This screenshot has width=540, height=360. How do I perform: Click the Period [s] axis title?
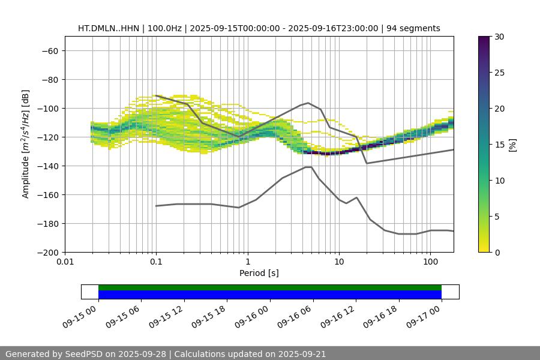259,273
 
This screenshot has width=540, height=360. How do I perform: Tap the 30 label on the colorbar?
499,37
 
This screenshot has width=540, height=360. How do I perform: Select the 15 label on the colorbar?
499,145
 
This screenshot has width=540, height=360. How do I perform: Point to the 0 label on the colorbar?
497,253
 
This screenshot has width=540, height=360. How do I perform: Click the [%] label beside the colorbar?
512,145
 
